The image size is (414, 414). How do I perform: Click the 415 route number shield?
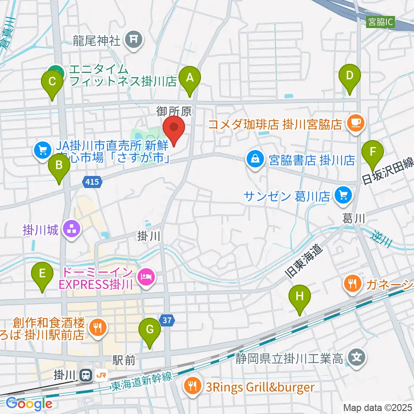tap(93, 182)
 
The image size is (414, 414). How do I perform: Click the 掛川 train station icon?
tap(86, 375)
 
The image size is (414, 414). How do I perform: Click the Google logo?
tap(29, 403)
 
